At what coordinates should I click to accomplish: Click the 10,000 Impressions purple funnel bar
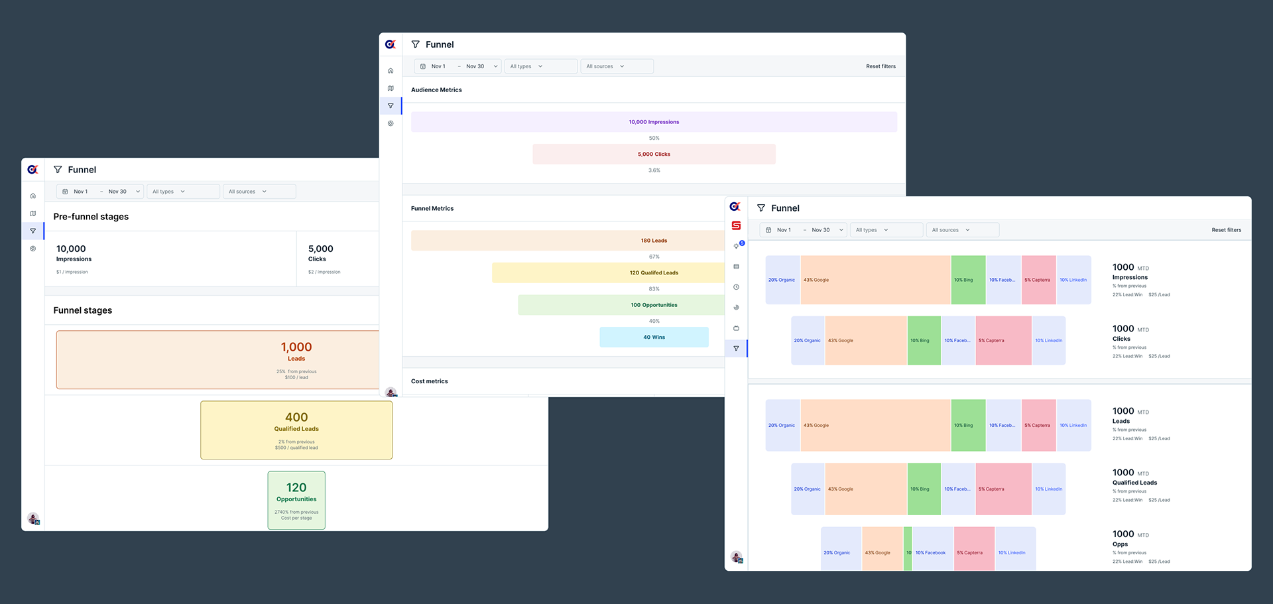pyautogui.click(x=654, y=122)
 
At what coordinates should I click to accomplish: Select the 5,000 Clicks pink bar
pyautogui.click(x=654, y=154)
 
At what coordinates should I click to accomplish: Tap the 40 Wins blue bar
pyautogui.click(x=654, y=337)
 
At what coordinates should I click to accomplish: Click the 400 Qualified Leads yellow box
pyautogui.click(x=296, y=430)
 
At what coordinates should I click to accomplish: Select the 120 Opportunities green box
pyautogui.click(x=296, y=500)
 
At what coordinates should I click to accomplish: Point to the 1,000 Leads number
pyautogui.click(x=296, y=347)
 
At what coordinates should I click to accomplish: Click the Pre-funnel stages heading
pyautogui.click(x=91, y=217)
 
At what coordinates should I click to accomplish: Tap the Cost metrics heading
pyautogui.click(x=429, y=381)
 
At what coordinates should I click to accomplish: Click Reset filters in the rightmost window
pyautogui.click(x=1226, y=230)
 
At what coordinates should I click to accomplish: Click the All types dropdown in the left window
pyautogui.click(x=182, y=192)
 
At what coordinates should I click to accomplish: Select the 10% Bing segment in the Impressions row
pyautogui.click(x=968, y=280)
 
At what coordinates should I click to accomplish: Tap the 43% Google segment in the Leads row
pyautogui.click(x=875, y=426)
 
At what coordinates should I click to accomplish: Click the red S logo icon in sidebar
pyautogui.click(x=736, y=225)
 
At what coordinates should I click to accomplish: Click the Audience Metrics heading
pyautogui.click(x=436, y=90)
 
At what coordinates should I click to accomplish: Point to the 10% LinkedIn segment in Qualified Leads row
pyautogui.click(x=1049, y=489)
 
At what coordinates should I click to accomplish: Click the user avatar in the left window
pyautogui.click(x=33, y=518)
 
